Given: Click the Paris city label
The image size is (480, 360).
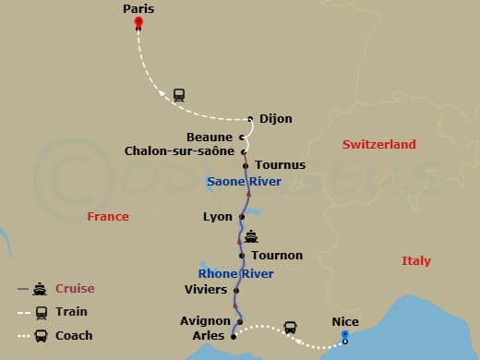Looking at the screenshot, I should (x=138, y=8).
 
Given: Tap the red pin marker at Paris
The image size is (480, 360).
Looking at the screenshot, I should (x=138, y=21).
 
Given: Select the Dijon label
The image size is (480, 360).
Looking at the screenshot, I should (x=275, y=118).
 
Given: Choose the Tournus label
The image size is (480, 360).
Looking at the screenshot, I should (x=279, y=165).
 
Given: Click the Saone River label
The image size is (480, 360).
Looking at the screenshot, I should (x=245, y=182).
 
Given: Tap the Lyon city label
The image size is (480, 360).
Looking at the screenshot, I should (x=218, y=217).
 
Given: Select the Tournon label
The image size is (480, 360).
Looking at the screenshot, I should (x=277, y=255).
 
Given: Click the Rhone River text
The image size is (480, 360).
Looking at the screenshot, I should (x=236, y=273).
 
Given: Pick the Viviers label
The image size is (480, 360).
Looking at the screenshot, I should (x=206, y=290).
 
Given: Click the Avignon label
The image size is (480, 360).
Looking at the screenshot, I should (x=205, y=321).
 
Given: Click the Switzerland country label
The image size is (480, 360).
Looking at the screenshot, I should (x=379, y=145).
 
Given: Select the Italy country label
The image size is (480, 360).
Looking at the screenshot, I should (x=415, y=261).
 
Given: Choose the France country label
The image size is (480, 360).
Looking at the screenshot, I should (x=108, y=217).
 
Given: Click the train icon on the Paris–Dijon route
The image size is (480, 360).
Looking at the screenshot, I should (x=179, y=94).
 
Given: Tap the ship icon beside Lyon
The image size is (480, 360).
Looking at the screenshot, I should (x=250, y=235).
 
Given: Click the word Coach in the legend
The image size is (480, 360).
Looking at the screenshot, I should (x=74, y=335).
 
